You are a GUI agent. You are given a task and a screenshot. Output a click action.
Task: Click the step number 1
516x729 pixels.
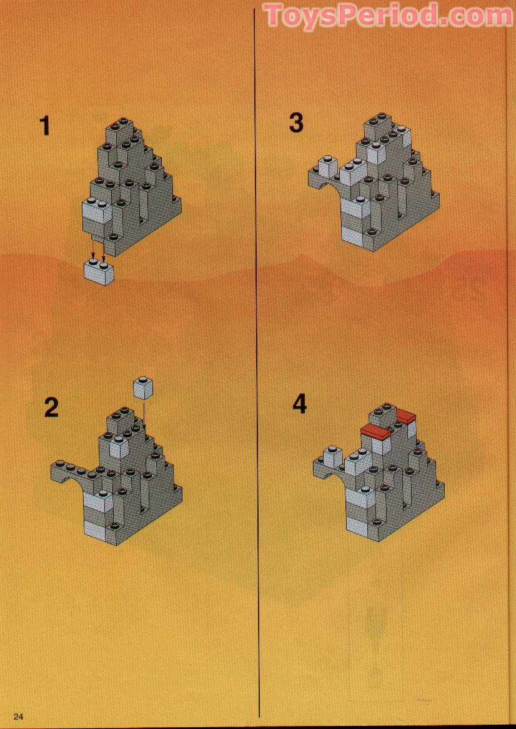tap(44, 126)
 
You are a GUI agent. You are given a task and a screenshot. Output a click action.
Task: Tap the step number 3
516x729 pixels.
tap(296, 122)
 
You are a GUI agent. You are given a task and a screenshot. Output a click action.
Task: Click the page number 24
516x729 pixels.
tap(17, 716)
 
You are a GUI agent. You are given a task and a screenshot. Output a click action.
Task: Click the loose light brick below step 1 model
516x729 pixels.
tap(99, 272)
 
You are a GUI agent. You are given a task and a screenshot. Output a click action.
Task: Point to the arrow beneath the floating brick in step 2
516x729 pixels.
tap(144, 414)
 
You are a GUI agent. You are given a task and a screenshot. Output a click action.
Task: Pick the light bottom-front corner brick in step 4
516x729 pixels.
tap(360, 523)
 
